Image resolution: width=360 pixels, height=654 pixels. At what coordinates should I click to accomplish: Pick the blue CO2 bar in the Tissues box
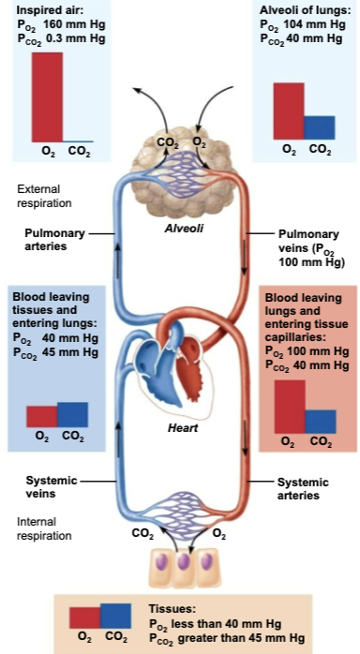coord(115,616)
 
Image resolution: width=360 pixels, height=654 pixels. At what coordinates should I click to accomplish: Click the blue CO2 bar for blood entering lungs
coord(72,413)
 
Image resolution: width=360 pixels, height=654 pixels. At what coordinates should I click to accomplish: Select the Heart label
coord(180,428)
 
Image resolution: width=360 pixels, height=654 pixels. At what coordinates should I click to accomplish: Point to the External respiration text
coord(44,195)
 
